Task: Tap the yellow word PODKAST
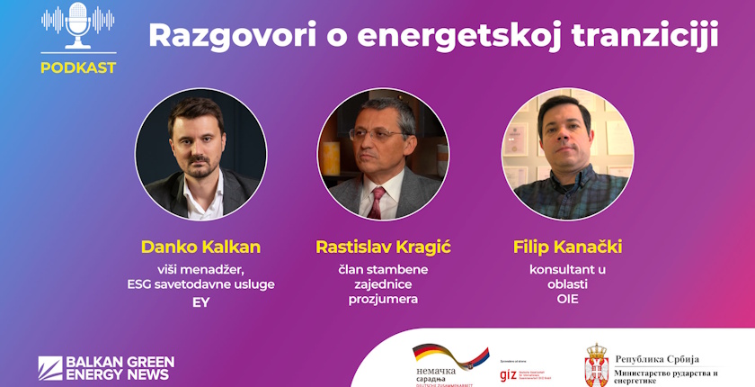point(79,67)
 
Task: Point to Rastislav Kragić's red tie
point(377,203)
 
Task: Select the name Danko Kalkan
point(200,247)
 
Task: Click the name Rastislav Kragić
point(382,247)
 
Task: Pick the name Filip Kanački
point(567,247)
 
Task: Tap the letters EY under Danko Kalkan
point(200,302)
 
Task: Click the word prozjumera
point(383,299)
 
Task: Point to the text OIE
point(567,299)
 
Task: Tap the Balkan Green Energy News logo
point(106,367)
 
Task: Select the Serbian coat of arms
point(597,364)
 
